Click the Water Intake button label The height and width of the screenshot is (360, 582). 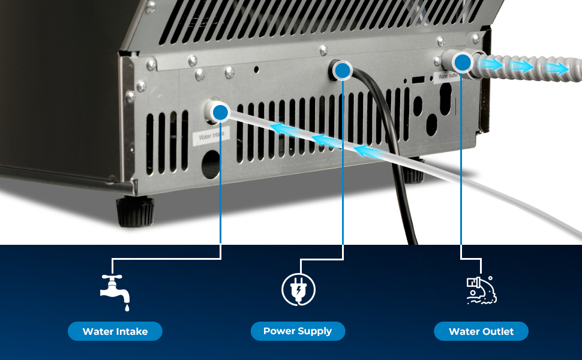click(115, 331)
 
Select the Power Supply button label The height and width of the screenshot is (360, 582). click(298, 331)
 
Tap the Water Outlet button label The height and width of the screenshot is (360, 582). click(481, 331)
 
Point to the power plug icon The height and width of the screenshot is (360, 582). click(298, 290)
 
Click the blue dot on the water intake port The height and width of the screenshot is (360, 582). click(221, 112)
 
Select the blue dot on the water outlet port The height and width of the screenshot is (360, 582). click(461, 62)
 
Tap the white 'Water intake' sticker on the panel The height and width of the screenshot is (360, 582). click(210, 136)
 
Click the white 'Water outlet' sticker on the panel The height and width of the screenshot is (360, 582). click(449, 76)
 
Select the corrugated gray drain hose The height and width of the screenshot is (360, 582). click(540, 64)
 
